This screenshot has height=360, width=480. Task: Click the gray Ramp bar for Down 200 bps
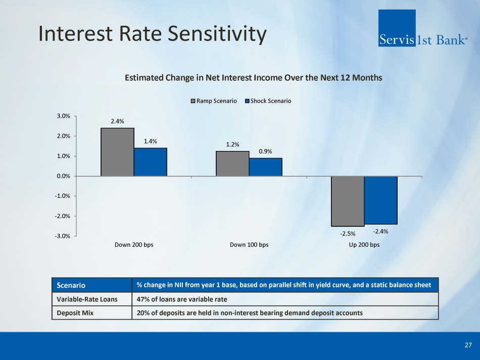click(x=117, y=152)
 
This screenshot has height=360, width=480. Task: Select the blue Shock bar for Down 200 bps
click(x=151, y=162)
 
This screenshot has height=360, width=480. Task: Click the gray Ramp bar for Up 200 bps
click(x=348, y=201)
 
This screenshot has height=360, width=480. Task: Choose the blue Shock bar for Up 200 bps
click(x=381, y=200)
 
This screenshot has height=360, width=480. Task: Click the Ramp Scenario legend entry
click(x=213, y=101)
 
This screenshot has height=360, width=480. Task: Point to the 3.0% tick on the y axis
click(x=63, y=116)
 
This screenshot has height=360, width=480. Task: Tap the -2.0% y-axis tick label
click(x=62, y=216)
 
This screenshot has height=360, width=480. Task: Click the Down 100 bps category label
click(x=249, y=245)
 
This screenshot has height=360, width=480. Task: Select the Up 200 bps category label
click(x=364, y=245)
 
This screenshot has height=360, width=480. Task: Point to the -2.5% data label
click(x=348, y=233)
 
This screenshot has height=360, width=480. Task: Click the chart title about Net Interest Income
click(x=253, y=78)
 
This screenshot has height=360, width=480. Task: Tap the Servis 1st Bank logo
click(x=422, y=29)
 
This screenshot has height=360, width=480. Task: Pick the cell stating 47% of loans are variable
click(x=182, y=299)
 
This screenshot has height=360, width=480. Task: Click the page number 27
click(x=468, y=345)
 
